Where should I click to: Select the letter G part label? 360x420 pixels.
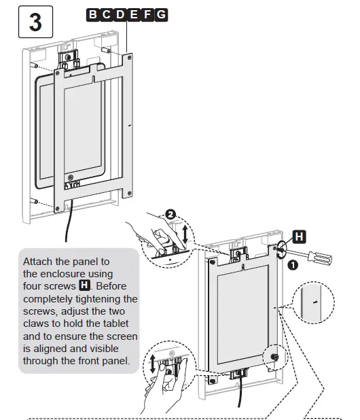click(x=161, y=14)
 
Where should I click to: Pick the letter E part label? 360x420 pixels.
click(x=134, y=14)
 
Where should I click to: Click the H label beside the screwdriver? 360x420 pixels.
click(x=298, y=237)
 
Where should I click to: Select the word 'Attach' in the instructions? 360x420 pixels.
click(x=39, y=262)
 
